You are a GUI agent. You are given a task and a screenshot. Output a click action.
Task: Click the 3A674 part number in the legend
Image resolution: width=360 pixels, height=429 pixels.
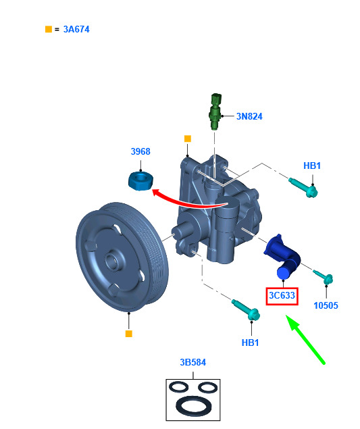coord(76,29)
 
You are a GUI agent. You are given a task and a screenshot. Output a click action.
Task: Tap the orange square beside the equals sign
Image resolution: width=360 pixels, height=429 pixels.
coord(49,29)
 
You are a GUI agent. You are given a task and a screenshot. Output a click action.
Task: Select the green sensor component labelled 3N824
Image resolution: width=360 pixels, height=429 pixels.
coord(215,111)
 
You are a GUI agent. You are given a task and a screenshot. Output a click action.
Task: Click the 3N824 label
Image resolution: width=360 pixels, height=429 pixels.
coord(249,116)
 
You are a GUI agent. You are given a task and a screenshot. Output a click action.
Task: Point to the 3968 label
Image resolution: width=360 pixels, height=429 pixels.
coord(140,151)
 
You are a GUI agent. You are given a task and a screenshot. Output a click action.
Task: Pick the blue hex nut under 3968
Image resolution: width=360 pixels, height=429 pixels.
coord(140,181)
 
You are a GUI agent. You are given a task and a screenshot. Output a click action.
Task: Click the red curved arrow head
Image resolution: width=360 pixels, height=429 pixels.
coord(157,192)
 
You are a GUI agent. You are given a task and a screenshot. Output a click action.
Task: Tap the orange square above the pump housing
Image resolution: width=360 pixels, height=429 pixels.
coord(187,138)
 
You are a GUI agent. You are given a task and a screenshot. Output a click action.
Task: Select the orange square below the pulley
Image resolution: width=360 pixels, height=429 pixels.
coord(128,334)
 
